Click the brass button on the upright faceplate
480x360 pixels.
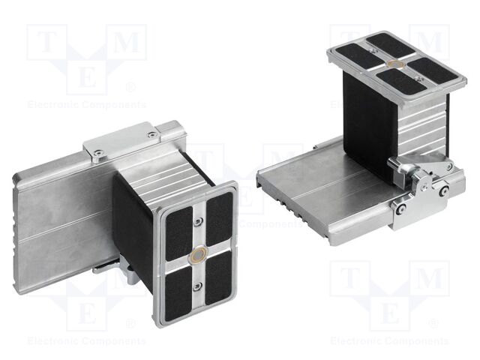(x=199, y=254)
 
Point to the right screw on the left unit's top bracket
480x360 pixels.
(x=152, y=135)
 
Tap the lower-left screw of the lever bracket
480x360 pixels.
(x=400, y=208)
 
